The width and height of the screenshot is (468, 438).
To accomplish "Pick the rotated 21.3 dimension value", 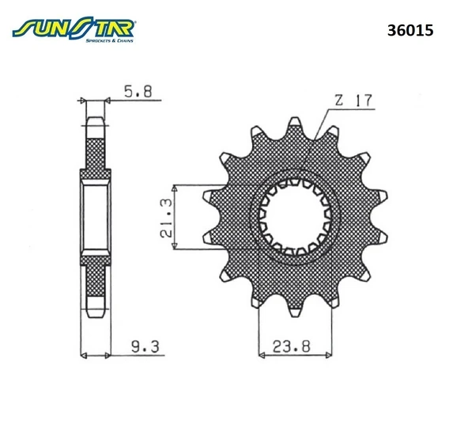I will (163, 218).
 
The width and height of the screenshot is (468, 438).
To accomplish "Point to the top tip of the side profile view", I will (93, 121).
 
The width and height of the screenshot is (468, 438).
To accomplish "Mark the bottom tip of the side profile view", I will (93, 314).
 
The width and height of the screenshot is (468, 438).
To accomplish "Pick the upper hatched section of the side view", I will (93, 154).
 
